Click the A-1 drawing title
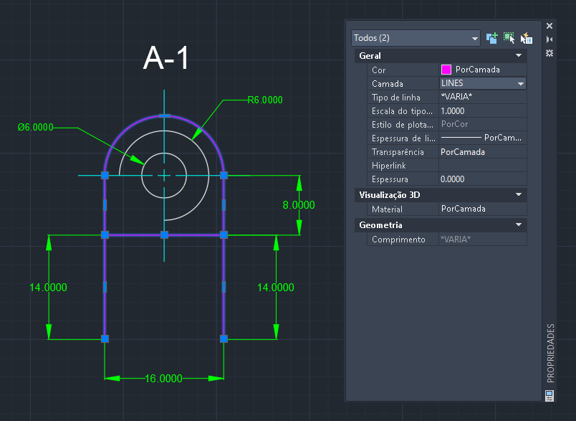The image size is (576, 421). tap(166, 57)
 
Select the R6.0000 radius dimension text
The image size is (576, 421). tap(265, 100)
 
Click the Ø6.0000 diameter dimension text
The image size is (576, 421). tap(36, 127)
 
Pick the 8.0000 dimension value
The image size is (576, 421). tap(299, 205)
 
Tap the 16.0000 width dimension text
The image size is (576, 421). tap(163, 379)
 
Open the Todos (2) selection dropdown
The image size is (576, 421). tap(416, 38)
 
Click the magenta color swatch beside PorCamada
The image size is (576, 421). tap(446, 70)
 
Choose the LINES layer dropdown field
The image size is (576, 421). tap(483, 83)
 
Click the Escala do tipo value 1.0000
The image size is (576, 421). tap(452, 111)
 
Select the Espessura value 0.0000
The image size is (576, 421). tap(452, 179)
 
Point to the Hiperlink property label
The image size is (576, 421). tap(388, 166)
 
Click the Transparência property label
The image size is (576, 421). tap(398, 152)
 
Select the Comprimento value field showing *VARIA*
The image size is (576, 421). tap(483, 240)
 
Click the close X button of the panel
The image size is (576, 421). tap(549, 26)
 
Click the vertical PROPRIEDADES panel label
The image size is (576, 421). tap(550, 353)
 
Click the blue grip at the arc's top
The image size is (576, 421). tap(164, 115)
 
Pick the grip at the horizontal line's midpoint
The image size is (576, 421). tap(164, 235)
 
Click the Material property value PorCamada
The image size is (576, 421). tap(464, 209)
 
